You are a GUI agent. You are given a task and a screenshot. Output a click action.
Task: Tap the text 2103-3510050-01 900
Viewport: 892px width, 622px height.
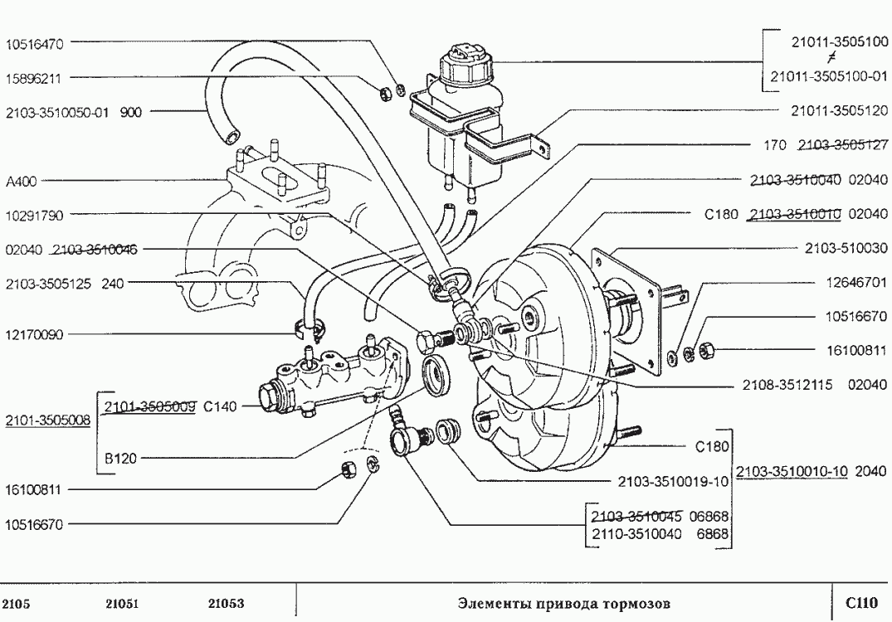pos(73,112)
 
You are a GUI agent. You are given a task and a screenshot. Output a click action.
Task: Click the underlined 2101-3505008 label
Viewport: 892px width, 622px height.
pos(48,420)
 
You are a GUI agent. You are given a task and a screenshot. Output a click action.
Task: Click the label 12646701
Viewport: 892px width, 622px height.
pos(855,283)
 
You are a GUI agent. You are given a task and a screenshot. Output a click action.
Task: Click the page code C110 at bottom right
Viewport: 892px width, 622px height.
pos(861,602)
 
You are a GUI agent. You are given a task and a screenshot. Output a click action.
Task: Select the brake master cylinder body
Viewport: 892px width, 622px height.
pos(332,384)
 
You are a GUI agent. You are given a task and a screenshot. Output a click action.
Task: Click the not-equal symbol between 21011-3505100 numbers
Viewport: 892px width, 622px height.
pos(830,59)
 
